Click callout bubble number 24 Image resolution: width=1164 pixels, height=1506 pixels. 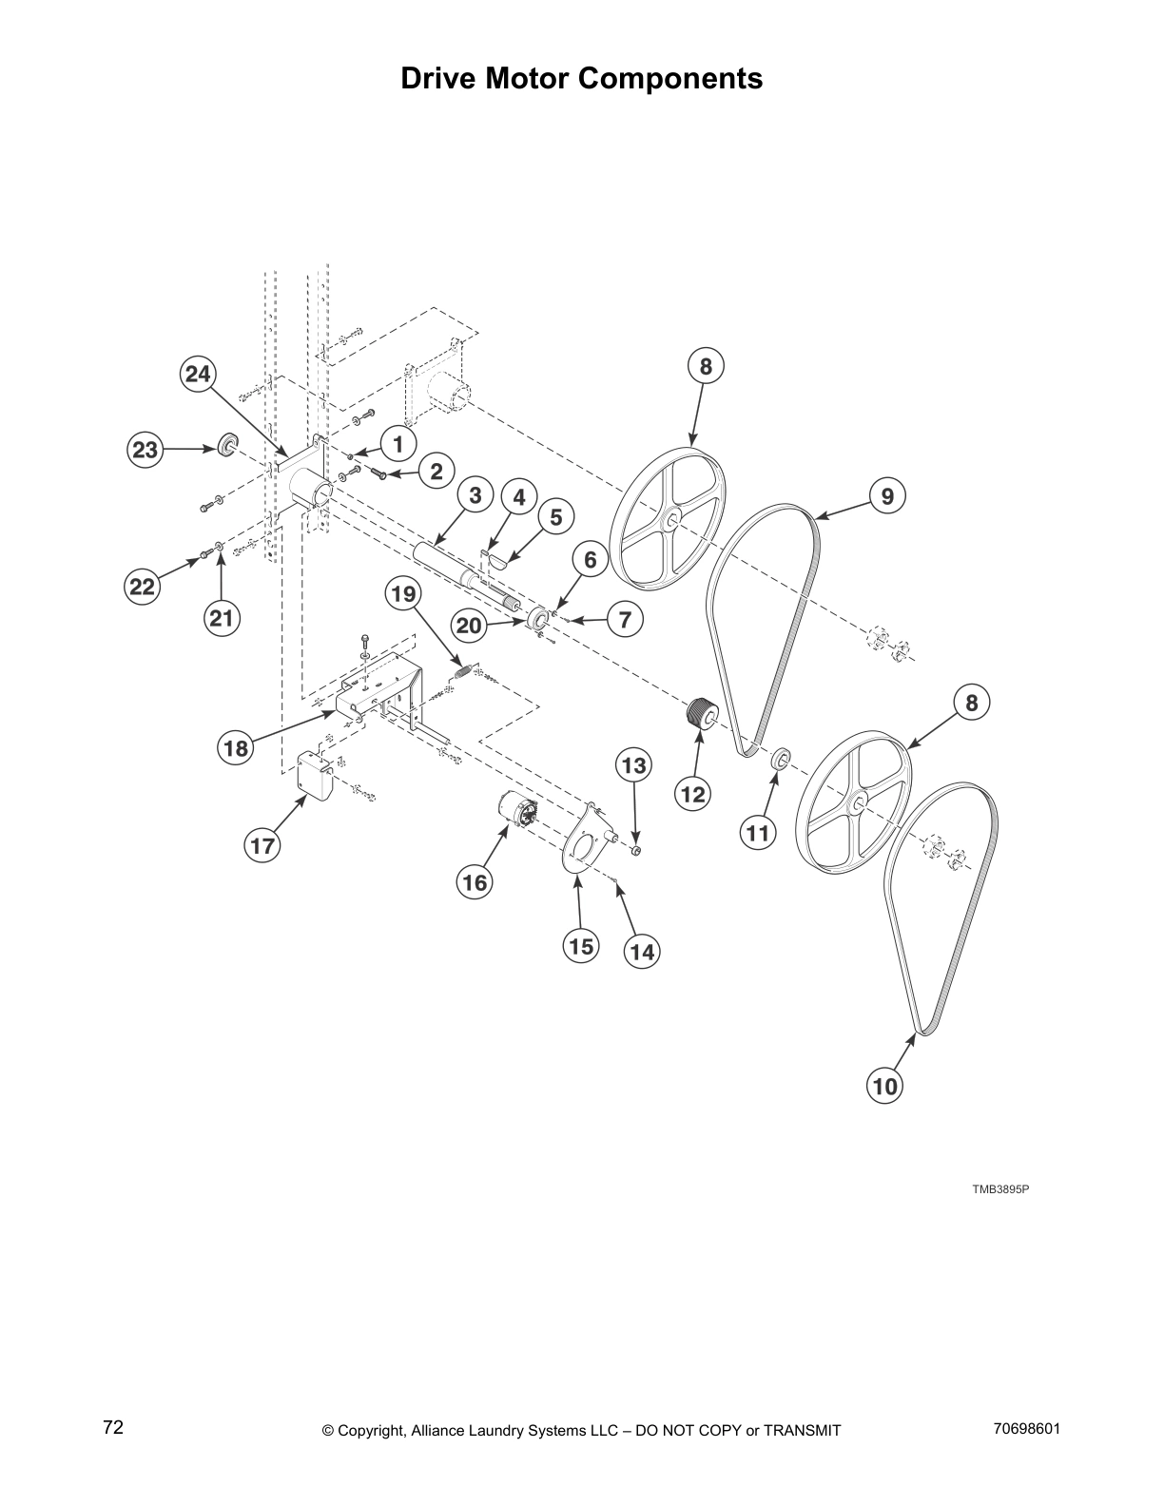pyautogui.click(x=198, y=374)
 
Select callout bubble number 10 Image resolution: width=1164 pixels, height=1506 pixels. pyautogui.click(x=884, y=1085)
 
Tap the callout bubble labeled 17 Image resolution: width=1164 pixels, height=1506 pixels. pyautogui.click(x=262, y=845)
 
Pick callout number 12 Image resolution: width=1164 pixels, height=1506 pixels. pyautogui.click(x=693, y=792)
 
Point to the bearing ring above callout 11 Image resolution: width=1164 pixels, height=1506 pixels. pyautogui.click(x=779, y=759)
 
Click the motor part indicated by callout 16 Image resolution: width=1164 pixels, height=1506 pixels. pyautogui.click(x=517, y=813)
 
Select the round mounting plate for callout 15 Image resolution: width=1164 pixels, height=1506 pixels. pyautogui.click(x=581, y=844)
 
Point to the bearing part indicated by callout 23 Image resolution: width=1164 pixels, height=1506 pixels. pyautogui.click(x=227, y=444)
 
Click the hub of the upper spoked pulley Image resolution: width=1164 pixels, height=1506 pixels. pyautogui.click(x=671, y=519)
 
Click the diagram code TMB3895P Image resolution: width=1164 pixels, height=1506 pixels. pyautogui.click(x=1000, y=1189)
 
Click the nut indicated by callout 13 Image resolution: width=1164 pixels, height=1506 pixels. pyautogui.click(x=636, y=848)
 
